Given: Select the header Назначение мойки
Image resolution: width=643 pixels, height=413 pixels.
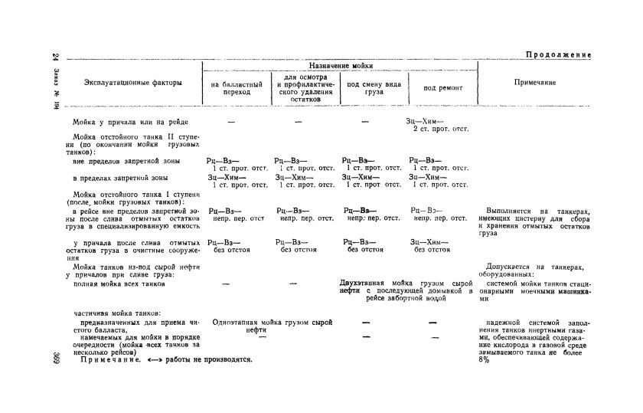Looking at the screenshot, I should (x=341, y=67).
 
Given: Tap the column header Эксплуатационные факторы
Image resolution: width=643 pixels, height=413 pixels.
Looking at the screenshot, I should (x=133, y=83).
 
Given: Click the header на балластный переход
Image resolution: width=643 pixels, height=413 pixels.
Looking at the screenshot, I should (x=237, y=87).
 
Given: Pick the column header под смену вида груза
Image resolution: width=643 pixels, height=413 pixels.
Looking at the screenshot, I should (x=374, y=87).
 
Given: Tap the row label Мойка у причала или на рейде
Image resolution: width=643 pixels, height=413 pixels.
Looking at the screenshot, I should (x=130, y=122).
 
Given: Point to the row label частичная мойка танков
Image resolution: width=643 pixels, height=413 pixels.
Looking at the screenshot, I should (x=116, y=314).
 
